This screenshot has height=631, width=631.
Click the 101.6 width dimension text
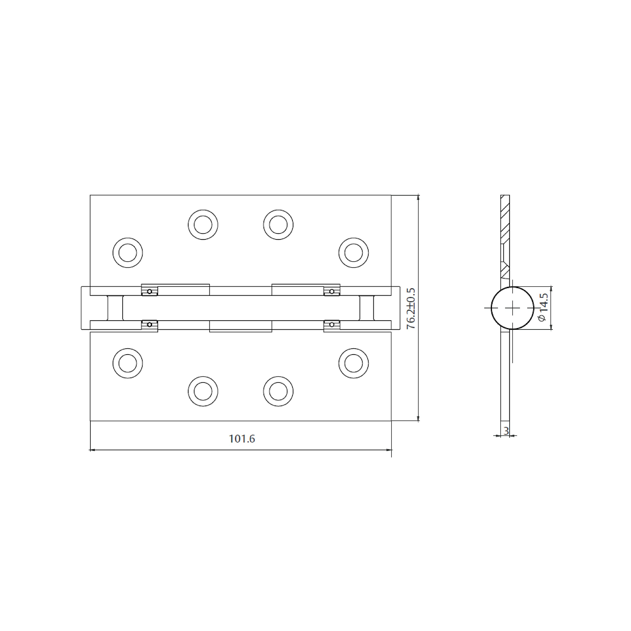tap(242, 439)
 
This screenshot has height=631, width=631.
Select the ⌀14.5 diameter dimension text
tap(542, 307)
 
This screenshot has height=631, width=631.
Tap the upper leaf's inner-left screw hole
tap(203, 225)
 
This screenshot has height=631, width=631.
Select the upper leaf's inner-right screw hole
tap(278, 225)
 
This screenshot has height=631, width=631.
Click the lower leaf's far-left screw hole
tap(128, 363)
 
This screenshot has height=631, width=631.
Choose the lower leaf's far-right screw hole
tap(354, 363)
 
